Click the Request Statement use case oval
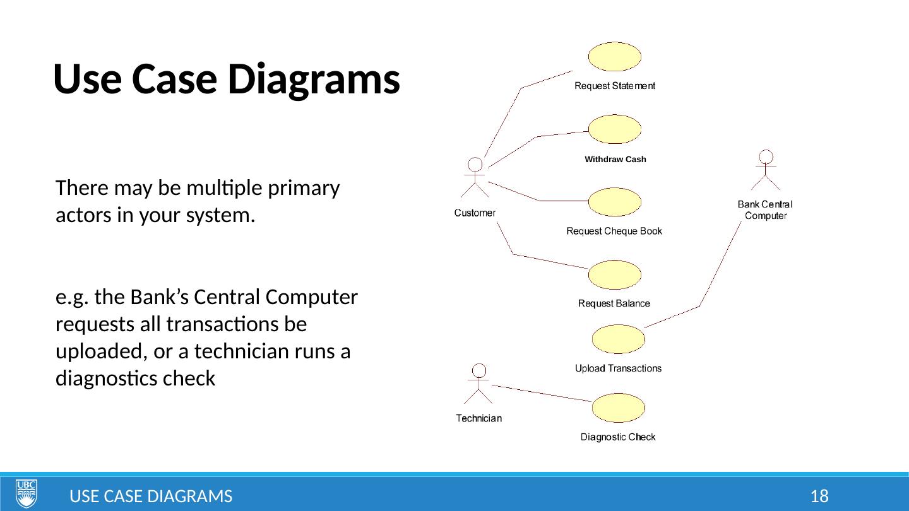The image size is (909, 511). click(614, 57)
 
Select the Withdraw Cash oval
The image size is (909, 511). click(614, 129)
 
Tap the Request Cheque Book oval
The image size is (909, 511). click(614, 203)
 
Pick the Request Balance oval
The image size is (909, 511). click(614, 275)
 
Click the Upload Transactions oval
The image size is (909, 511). click(618, 339)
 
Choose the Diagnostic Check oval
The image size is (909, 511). click(618, 408)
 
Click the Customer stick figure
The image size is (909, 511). click(475, 178)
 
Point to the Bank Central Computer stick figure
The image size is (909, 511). click(766, 170)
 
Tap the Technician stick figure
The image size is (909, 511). click(479, 384)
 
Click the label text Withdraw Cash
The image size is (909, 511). click(615, 160)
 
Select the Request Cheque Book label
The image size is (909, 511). click(614, 232)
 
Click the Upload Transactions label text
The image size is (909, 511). click(618, 368)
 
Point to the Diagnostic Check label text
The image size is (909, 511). click(618, 437)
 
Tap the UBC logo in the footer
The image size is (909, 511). click(26, 493)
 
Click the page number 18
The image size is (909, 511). click(819, 496)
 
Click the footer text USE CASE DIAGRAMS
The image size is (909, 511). click(150, 496)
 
